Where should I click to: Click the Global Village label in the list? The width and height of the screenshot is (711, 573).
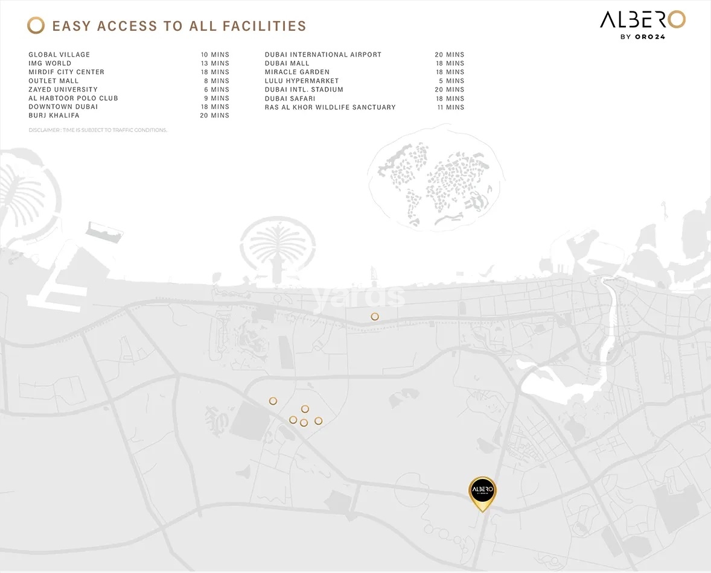tap(59, 55)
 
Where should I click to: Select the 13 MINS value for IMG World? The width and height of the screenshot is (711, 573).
tap(215, 63)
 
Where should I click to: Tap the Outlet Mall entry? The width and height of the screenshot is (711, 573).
tap(54, 81)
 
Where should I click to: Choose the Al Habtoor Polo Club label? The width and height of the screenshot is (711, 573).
tap(74, 98)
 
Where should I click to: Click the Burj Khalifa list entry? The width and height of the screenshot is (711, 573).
tap(54, 115)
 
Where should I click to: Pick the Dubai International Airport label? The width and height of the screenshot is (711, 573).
tap(323, 55)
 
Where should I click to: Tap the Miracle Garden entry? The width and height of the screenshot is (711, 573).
tap(297, 72)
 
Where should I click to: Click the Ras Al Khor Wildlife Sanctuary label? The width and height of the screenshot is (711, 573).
tap(330, 107)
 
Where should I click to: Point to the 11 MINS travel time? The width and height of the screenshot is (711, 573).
tap(450, 107)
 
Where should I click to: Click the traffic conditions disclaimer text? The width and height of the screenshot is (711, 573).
tap(98, 130)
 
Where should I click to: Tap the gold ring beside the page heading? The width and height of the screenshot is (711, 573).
tap(36, 25)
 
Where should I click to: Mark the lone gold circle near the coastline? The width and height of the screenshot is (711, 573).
tap(375, 317)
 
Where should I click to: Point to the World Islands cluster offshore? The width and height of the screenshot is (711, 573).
tap(434, 181)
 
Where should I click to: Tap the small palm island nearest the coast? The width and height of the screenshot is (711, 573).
tap(278, 247)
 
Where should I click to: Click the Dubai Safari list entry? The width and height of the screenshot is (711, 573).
tap(290, 98)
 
